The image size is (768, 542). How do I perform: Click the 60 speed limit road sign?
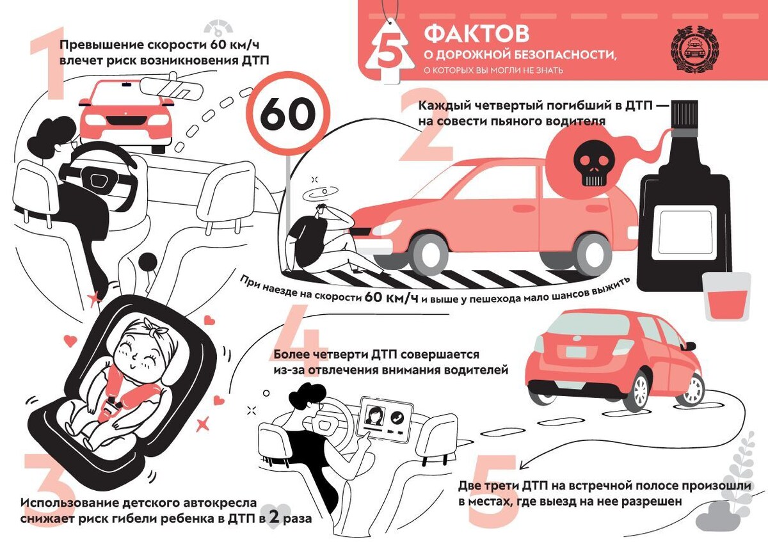287,116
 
